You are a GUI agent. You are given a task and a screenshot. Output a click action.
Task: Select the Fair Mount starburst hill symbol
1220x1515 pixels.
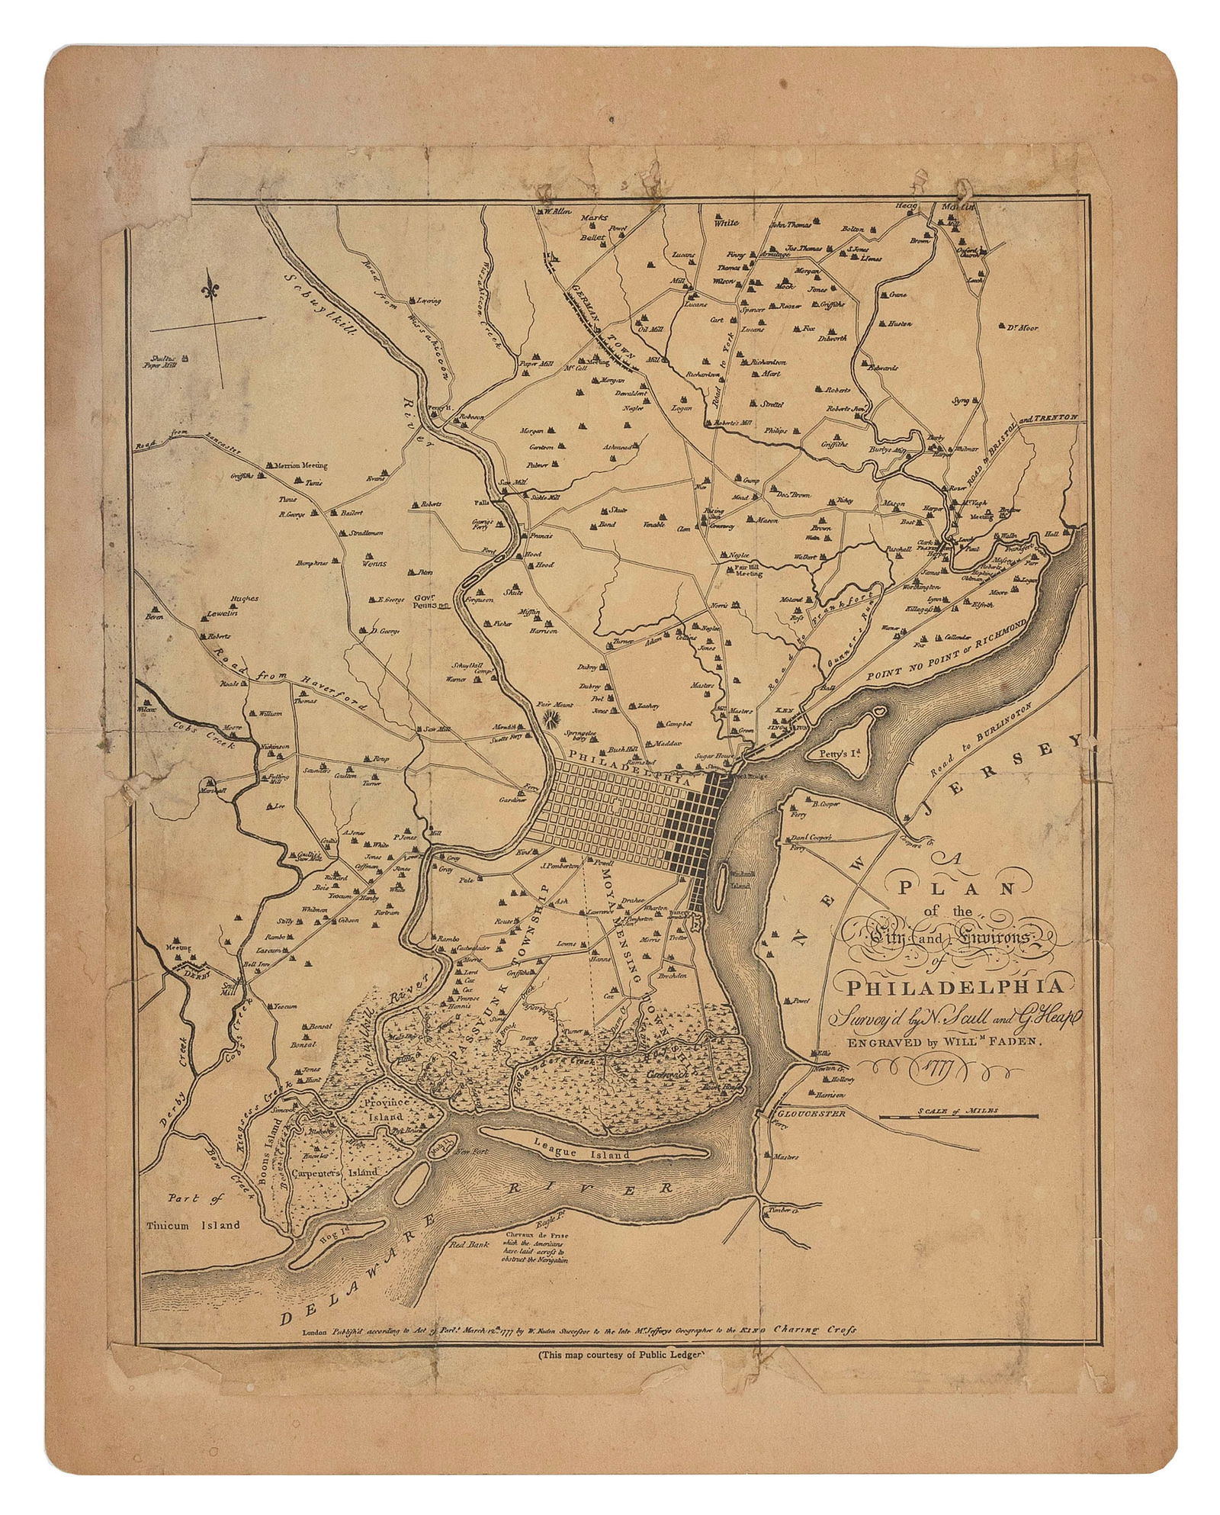click(550, 717)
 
